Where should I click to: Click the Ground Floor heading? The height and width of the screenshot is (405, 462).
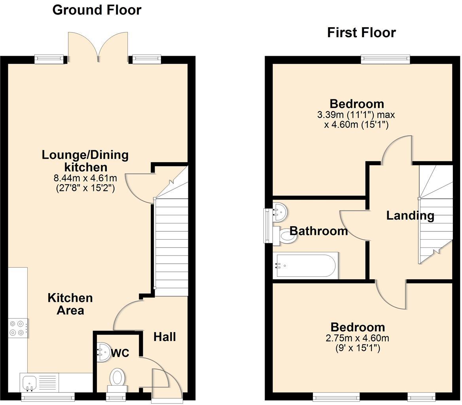(x=97, y=10)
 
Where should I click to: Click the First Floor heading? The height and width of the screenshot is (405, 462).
(x=361, y=32)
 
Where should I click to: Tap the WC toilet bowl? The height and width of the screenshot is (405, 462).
(x=117, y=377)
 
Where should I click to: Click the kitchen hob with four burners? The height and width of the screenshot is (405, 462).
(x=18, y=328)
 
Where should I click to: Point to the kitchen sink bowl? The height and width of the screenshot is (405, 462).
(x=30, y=382)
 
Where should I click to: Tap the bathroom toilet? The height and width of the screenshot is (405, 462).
(x=285, y=235)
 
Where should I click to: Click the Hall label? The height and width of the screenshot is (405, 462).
(x=165, y=337)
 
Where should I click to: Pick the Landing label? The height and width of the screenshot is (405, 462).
(x=410, y=216)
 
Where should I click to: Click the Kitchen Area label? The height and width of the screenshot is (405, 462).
(x=70, y=304)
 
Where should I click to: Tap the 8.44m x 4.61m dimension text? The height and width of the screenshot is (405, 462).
(x=85, y=178)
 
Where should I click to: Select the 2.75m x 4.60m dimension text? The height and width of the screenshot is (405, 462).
(x=357, y=338)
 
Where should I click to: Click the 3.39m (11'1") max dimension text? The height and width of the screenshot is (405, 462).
(x=356, y=115)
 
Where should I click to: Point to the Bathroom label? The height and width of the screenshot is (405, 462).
(x=318, y=231)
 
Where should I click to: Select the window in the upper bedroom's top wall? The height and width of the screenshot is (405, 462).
(x=385, y=59)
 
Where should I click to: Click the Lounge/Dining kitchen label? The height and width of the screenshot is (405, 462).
(x=85, y=161)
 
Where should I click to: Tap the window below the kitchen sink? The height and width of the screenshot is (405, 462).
(x=47, y=397)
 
